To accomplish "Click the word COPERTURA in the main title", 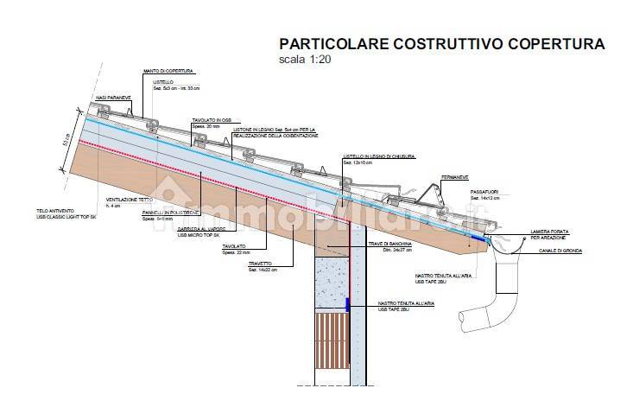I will click(x=557, y=43).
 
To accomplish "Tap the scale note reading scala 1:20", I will click(x=303, y=60).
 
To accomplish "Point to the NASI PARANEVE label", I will click(x=113, y=98).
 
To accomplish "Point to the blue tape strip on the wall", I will click(x=347, y=305).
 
